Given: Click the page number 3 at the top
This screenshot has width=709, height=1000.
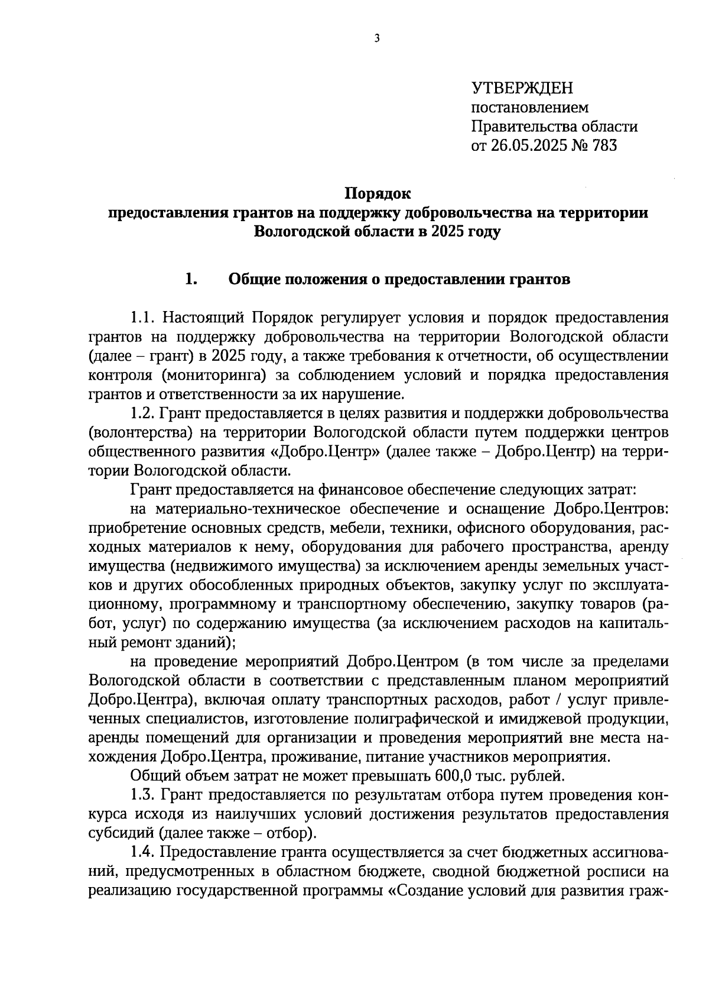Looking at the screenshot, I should (x=377, y=39).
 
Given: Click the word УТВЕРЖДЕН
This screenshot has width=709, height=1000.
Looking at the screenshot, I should (x=522, y=89).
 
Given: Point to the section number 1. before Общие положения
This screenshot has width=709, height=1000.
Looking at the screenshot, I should (x=191, y=279).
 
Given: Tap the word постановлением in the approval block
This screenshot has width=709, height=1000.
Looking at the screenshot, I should (x=529, y=108).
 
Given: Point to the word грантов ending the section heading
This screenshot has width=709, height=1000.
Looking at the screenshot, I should (x=538, y=279).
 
